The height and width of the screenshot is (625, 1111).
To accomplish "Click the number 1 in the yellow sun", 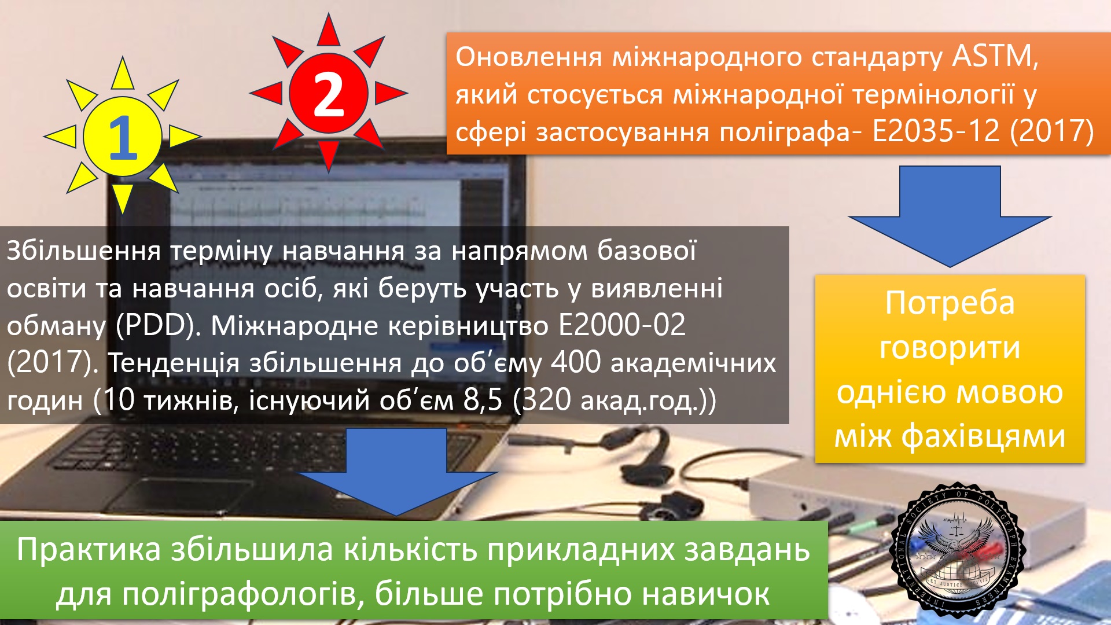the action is point(123,137).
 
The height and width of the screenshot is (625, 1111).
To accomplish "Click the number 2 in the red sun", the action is point(328,94).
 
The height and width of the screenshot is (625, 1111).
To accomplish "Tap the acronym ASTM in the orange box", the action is point(995,57).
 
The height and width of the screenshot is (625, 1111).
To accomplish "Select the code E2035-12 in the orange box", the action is point(936,131).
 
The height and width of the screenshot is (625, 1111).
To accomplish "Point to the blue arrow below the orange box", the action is point(950,216).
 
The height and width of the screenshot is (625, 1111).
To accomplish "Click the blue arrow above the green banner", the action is point(397,472).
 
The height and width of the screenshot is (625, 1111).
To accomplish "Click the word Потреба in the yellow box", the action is point(950,303).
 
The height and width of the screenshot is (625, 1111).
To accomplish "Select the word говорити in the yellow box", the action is point(950,348).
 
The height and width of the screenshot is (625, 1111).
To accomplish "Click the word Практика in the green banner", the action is point(89,549).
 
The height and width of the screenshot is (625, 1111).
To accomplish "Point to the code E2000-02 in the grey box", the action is point(622,325).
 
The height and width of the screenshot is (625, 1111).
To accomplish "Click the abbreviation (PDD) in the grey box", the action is point(158,326).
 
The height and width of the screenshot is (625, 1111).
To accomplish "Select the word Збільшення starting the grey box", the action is point(83,251).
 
